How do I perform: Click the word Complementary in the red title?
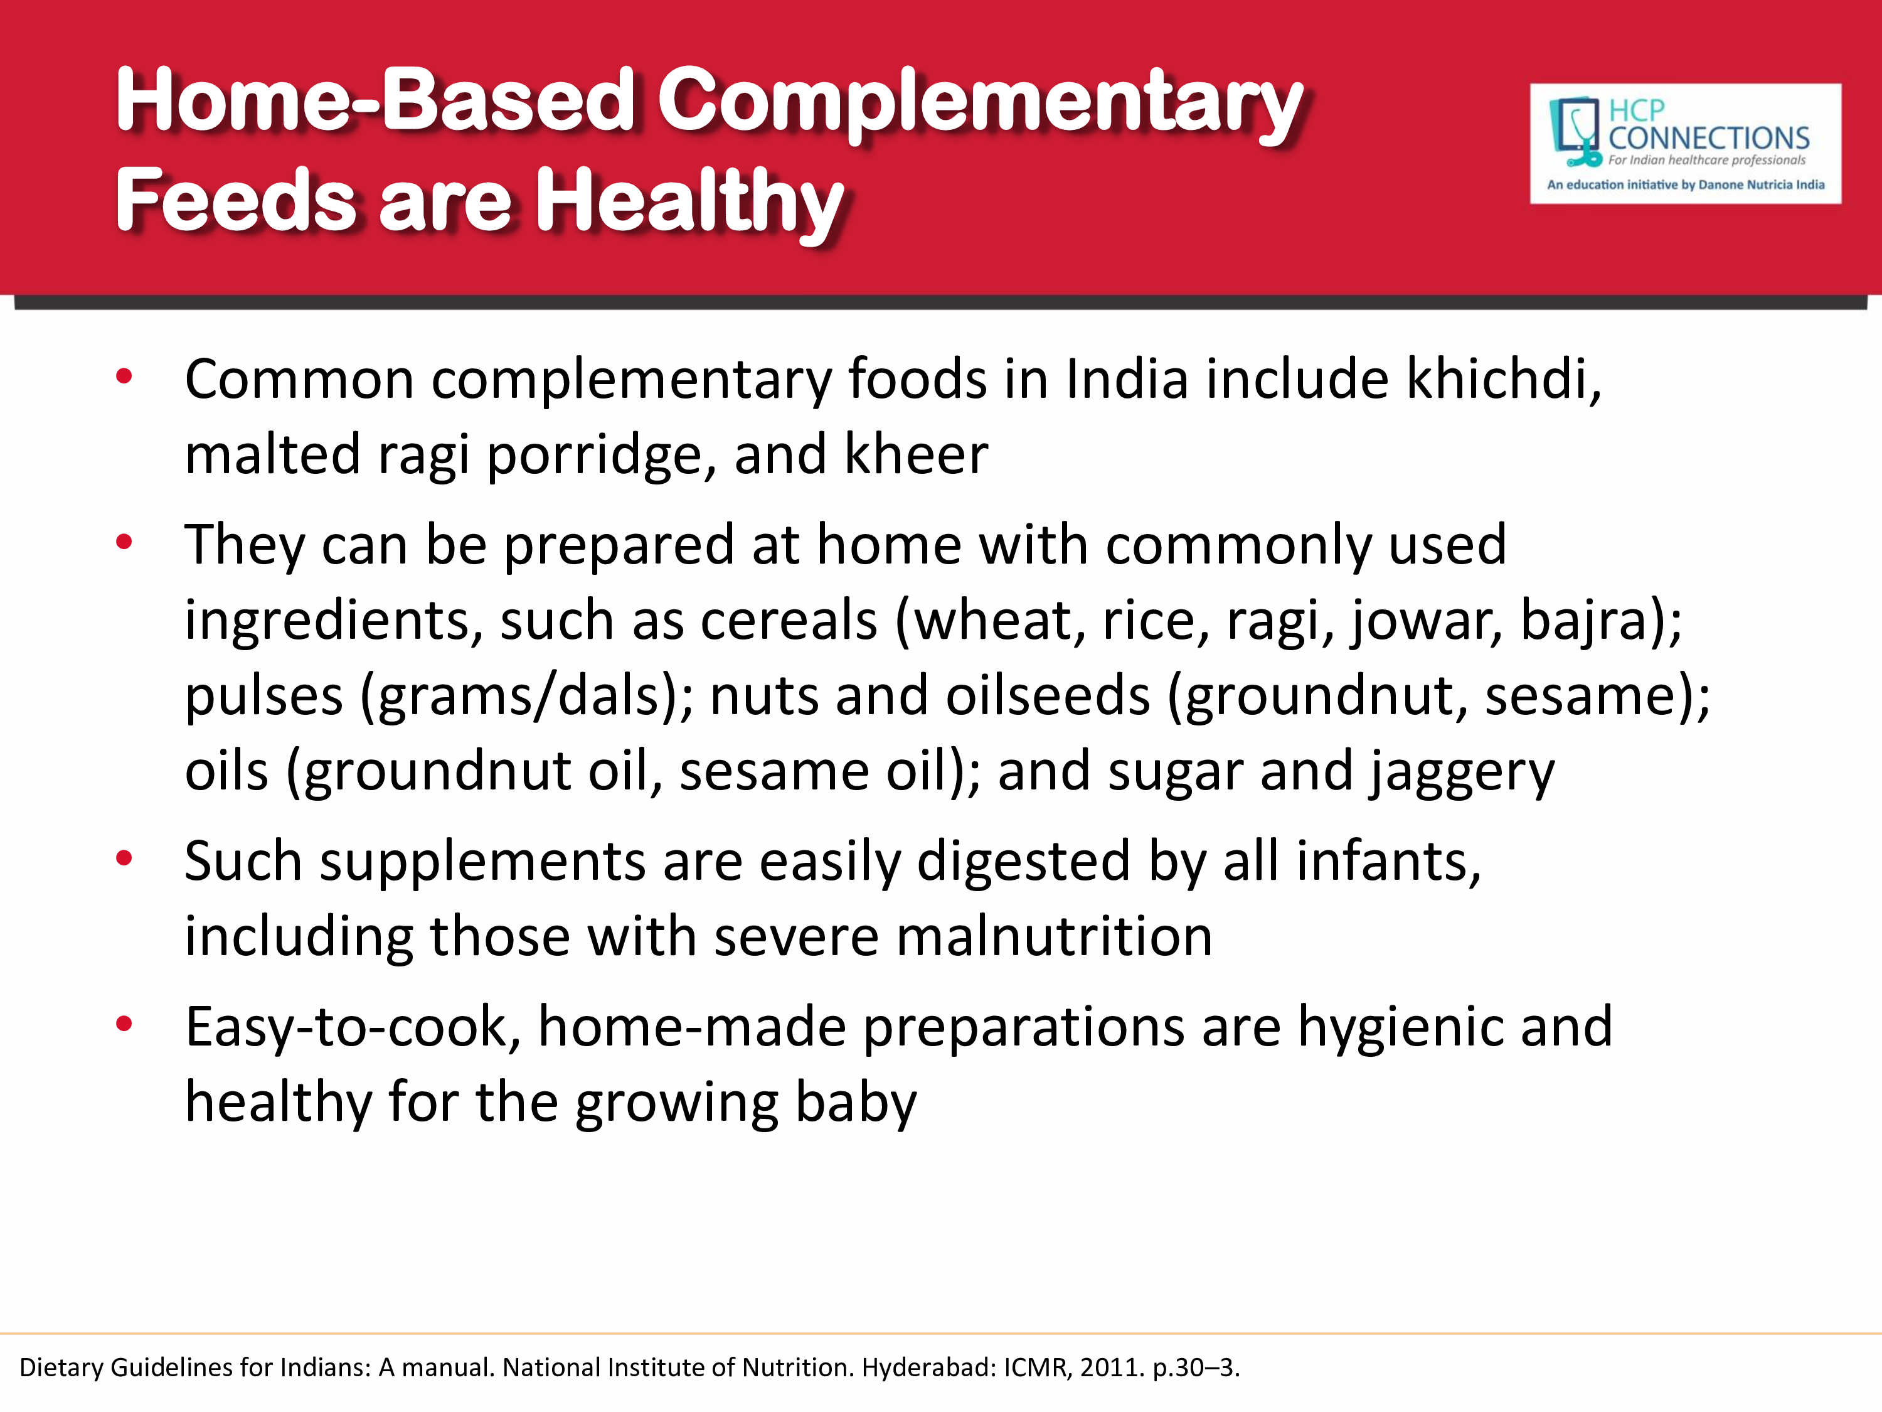pyautogui.click(x=980, y=104)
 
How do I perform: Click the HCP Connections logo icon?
pyautogui.click(x=1575, y=131)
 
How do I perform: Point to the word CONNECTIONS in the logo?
pyautogui.click(x=1708, y=138)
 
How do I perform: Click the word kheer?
pyautogui.click(x=917, y=454)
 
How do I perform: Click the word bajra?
pyautogui.click(x=1592, y=619)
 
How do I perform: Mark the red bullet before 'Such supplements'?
pyautogui.click(x=124, y=858)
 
